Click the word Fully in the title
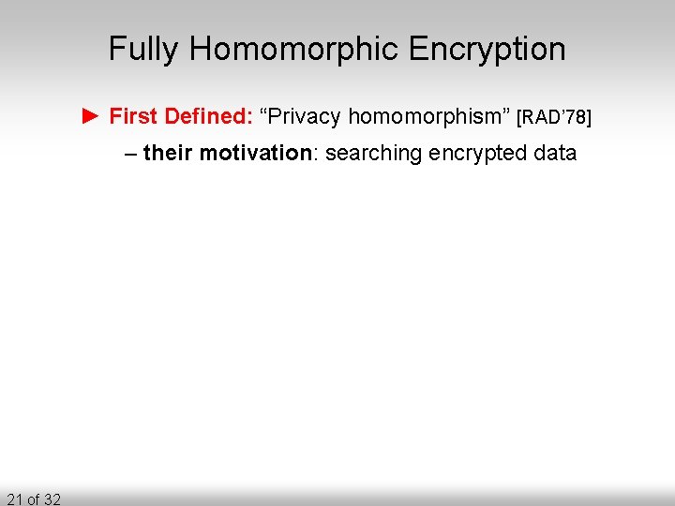[x=142, y=49]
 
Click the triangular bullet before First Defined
[x=90, y=116]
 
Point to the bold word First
[x=133, y=116]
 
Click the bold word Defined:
[x=206, y=116]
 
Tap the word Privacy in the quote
[x=305, y=116]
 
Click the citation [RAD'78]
[x=554, y=117]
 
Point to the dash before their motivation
[x=130, y=153]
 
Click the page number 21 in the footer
[x=13, y=499]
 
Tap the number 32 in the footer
[x=52, y=499]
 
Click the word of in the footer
[x=33, y=499]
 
